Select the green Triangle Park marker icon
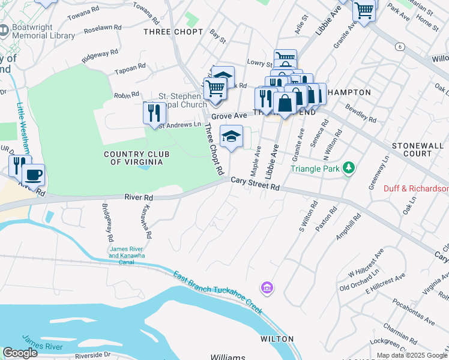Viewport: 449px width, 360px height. (349, 169)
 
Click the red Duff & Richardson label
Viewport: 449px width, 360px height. (416, 188)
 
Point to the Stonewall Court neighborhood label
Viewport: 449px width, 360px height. (420, 149)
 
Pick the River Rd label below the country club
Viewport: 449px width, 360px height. (139, 197)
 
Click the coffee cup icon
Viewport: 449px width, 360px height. (33, 175)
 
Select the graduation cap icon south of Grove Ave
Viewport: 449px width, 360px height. (231, 136)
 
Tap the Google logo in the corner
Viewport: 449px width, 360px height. (20, 353)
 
